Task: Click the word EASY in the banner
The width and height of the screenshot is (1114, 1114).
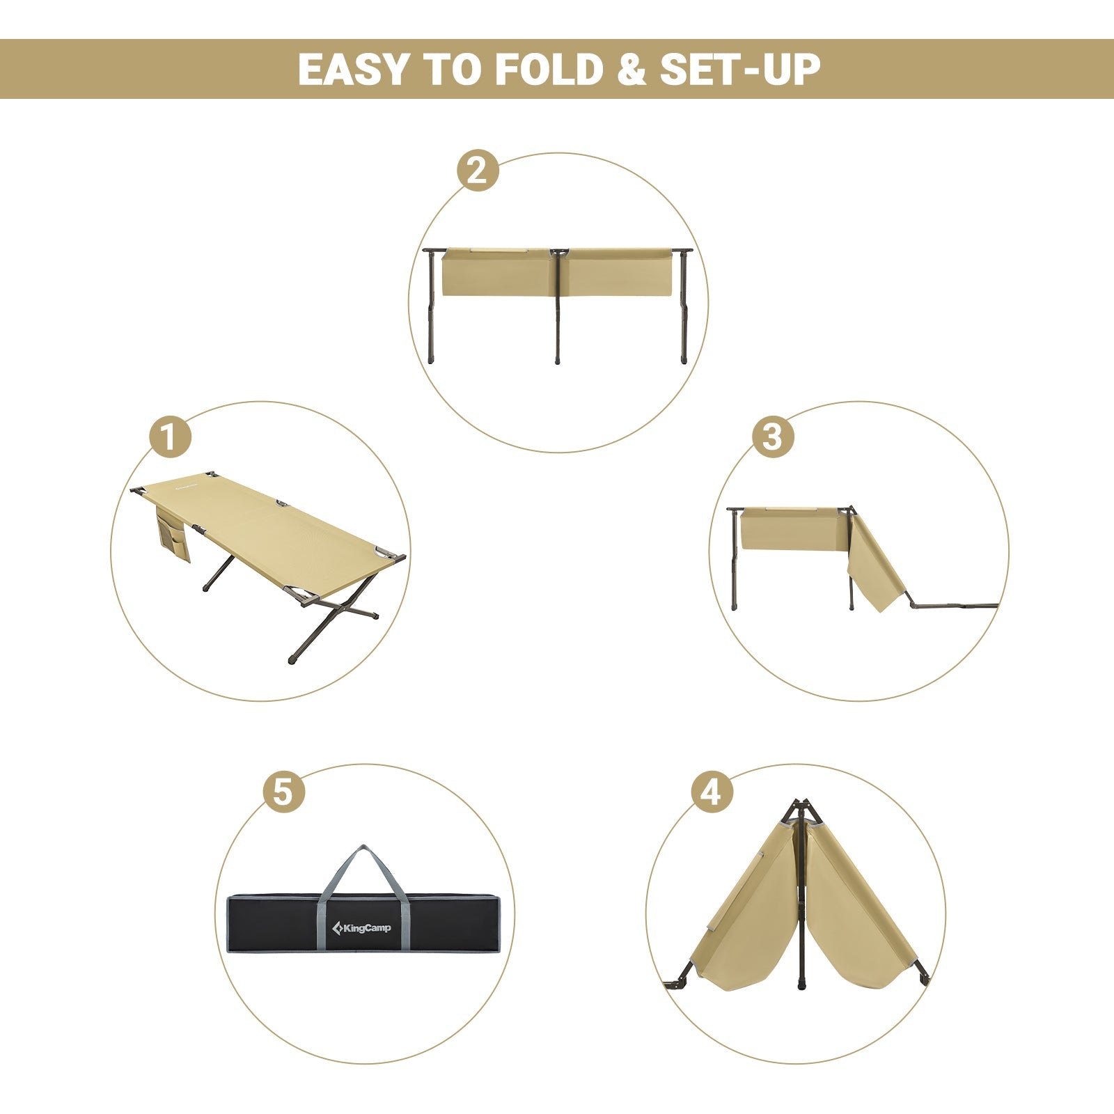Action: pyautogui.click(x=353, y=70)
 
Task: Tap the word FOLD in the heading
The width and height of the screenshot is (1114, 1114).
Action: pyautogui.click(x=549, y=70)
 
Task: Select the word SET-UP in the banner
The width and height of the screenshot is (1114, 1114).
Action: pyautogui.click(x=740, y=70)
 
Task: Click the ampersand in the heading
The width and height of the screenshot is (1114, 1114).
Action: pyautogui.click(x=631, y=70)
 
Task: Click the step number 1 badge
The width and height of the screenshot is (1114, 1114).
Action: pyautogui.click(x=170, y=437)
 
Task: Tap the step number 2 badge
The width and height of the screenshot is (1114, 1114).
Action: pyautogui.click(x=478, y=171)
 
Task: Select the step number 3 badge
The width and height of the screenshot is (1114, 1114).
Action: pyautogui.click(x=772, y=437)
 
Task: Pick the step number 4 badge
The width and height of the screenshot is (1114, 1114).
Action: pyautogui.click(x=712, y=792)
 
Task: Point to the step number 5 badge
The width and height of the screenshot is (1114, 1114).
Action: pyautogui.click(x=283, y=792)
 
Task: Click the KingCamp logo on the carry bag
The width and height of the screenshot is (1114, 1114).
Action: pyautogui.click(x=362, y=927)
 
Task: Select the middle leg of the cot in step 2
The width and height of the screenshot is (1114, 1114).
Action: pyautogui.click(x=557, y=313)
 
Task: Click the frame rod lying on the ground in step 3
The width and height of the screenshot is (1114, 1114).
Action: pyautogui.click(x=954, y=606)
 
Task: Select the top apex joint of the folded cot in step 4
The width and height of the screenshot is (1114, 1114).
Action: pyautogui.click(x=801, y=808)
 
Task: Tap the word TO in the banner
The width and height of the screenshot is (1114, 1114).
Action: pyautogui.click(x=451, y=70)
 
